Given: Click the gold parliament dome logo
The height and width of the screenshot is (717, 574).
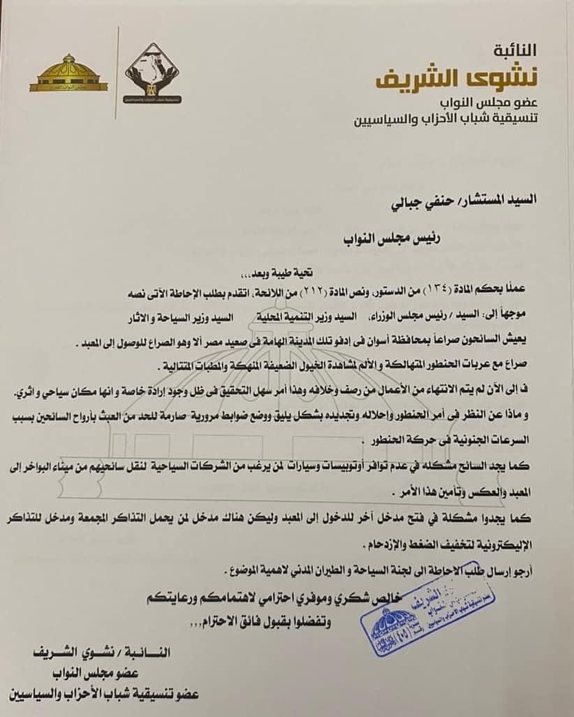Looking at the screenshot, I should (68, 75).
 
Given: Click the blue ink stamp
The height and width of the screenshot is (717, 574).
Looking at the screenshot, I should (402, 618).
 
